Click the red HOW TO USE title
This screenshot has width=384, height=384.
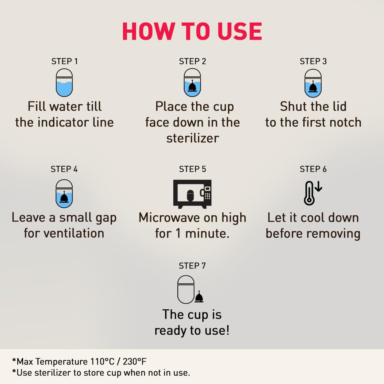click(192, 31)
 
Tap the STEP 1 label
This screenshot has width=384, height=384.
click(65, 61)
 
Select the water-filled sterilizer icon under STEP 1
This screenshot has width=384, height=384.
click(64, 83)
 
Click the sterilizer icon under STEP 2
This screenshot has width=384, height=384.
click(192, 83)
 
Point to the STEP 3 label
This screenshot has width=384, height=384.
click(313, 61)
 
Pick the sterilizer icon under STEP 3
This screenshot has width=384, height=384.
click(313, 83)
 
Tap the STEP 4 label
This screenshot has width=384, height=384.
click(64, 169)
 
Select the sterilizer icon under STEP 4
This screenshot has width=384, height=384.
click(64, 194)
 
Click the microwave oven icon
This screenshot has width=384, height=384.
click(192, 194)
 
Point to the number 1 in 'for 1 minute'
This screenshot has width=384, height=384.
click(178, 233)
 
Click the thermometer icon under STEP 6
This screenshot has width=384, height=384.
click(309, 193)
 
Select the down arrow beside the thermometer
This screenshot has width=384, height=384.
click(318, 186)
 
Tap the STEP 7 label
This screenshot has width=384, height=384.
click(192, 266)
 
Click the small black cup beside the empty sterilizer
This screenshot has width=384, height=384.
click(199, 297)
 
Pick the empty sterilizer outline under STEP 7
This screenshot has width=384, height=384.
click(186, 290)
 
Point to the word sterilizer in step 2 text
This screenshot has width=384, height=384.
click(193, 138)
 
